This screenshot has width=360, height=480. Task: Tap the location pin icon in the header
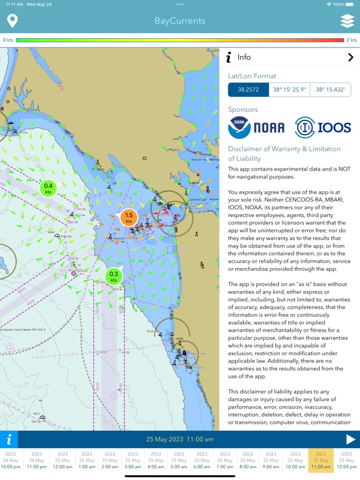(12, 21)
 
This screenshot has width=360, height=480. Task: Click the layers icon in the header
(347, 21)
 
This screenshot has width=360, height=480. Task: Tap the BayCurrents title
(180, 21)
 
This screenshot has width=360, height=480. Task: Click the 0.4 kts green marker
(48, 189)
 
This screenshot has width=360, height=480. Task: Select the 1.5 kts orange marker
(129, 218)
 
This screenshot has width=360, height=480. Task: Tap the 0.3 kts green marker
(114, 277)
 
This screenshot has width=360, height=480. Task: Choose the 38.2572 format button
(248, 90)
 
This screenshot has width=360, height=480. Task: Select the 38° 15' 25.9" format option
(289, 90)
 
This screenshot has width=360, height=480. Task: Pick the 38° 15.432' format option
(331, 90)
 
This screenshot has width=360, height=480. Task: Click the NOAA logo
(256, 128)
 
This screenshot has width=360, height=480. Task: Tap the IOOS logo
(323, 128)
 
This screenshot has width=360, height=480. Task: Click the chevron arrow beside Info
(350, 57)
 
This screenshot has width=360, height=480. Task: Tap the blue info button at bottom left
(9, 439)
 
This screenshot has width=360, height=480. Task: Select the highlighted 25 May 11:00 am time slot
(321, 460)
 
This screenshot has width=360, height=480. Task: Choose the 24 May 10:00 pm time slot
(11, 460)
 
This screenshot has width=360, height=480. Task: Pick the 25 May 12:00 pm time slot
(347, 460)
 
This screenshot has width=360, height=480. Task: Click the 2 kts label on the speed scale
(352, 40)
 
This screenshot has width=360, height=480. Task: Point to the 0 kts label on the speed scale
(8, 40)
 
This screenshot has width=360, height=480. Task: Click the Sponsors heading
(243, 110)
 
